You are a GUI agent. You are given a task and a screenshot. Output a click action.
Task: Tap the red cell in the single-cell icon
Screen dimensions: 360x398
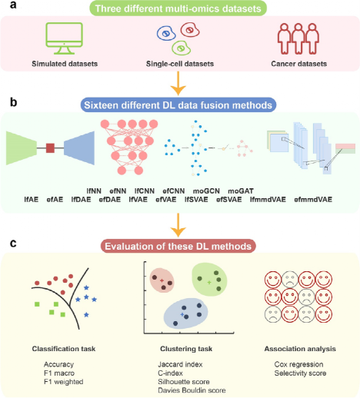(190, 30)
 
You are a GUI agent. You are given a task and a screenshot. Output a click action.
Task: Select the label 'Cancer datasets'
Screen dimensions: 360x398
(299, 64)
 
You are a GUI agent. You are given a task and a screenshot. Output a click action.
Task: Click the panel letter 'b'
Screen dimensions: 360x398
(13, 102)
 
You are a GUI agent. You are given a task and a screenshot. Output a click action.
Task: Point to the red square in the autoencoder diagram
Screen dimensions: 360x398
(50, 148)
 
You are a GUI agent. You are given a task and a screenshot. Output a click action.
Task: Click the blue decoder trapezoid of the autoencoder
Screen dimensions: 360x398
(79, 148)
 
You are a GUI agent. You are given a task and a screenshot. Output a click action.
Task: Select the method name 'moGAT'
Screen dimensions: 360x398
(241, 191)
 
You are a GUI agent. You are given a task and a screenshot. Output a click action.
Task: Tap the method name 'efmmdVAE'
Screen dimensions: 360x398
(313, 200)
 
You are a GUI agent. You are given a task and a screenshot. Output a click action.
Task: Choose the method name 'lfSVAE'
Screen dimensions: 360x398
(196, 200)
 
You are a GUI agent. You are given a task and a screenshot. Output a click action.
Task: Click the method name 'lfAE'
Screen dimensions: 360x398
(32, 200)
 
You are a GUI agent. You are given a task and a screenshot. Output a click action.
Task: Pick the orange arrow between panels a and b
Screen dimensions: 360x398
(178, 83)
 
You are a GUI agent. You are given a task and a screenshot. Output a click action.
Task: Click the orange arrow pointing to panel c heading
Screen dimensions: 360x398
(178, 225)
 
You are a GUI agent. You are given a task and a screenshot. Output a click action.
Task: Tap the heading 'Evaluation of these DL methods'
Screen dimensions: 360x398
(178, 246)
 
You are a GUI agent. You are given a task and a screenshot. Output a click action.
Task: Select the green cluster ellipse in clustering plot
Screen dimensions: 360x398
(210, 280)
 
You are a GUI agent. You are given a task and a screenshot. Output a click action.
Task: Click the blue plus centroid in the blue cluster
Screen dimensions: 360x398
(182, 314)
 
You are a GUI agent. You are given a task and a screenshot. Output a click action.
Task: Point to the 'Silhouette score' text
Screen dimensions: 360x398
(184, 382)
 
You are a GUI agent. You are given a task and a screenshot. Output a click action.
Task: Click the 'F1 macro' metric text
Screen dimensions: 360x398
(59, 373)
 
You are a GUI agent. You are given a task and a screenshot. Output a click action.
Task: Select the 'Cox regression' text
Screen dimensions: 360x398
(298, 364)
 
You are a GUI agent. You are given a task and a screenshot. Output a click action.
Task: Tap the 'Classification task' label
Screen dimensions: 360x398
(64, 349)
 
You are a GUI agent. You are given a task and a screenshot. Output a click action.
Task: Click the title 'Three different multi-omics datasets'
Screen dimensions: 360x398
(178, 8)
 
